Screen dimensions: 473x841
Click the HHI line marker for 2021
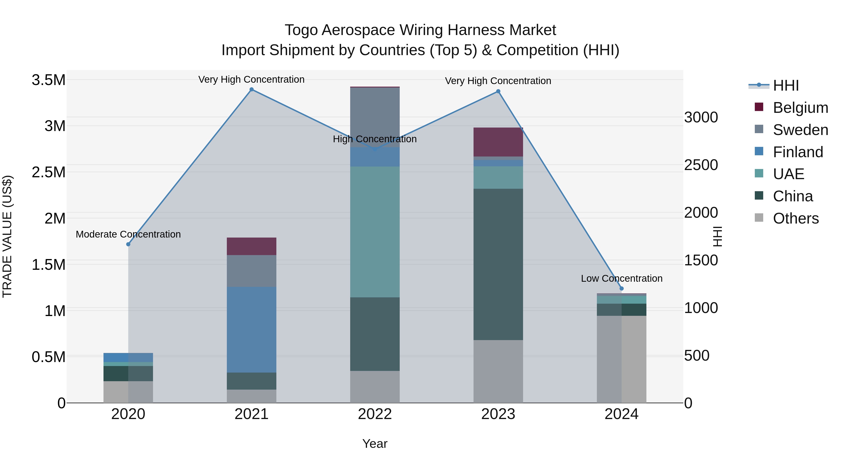(x=251, y=89)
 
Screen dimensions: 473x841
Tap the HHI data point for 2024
(x=621, y=288)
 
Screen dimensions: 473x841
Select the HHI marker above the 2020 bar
(x=128, y=244)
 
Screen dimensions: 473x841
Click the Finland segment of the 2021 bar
(x=251, y=330)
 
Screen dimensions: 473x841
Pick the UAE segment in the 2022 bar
(x=375, y=232)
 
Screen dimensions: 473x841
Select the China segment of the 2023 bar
(x=498, y=264)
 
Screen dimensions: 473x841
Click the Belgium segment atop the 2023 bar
(x=498, y=142)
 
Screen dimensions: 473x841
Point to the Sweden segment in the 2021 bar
(x=251, y=271)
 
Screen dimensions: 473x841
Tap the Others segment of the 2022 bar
(x=375, y=387)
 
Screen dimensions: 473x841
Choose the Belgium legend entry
(x=800, y=108)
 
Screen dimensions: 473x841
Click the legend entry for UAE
(x=788, y=174)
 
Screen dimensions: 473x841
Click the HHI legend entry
(x=785, y=85)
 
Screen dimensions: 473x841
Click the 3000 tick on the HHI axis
(x=701, y=117)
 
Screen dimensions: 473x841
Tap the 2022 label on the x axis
(x=375, y=414)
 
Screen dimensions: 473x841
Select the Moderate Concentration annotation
(x=128, y=234)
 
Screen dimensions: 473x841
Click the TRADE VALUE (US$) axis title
(x=7, y=236)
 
